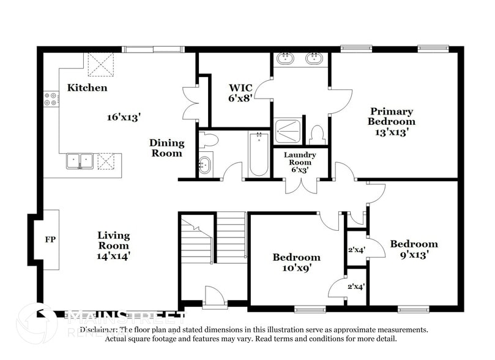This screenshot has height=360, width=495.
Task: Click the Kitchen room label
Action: pos(87,88)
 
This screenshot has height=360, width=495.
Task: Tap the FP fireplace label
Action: pos(50,239)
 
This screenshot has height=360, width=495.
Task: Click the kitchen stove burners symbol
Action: pos(51,99)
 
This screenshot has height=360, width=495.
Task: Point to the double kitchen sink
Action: pos(80,161)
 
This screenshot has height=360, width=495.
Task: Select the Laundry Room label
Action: pos(300,158)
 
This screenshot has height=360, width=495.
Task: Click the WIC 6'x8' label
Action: pos(240,92)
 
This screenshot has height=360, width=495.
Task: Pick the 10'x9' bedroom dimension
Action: pos(296,268)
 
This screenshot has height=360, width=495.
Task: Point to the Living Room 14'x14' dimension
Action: pos(114,256)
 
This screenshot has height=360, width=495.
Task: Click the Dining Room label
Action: pos(166,148)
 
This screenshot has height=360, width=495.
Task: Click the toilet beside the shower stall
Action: pos(317,134)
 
